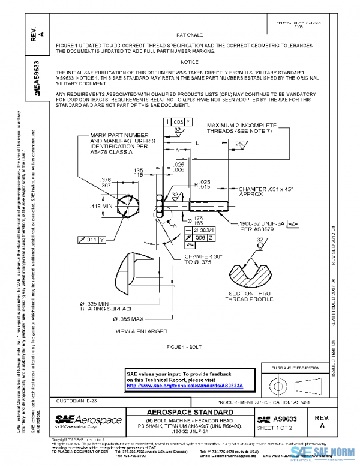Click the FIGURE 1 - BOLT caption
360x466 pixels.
(189, 348)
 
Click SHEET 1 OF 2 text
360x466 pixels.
(280, 427)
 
